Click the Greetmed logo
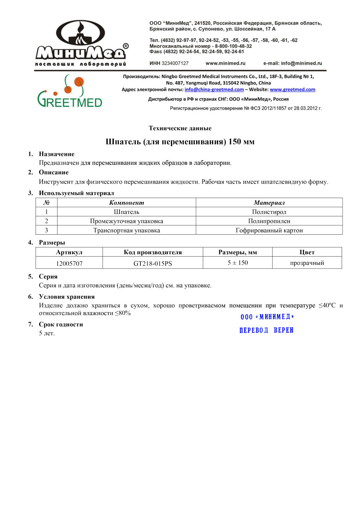click(x=69, y=92)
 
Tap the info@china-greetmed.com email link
click(x=214, y=90)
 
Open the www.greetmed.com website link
click(x=292, y=90)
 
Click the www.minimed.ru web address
click(x=225, y=63)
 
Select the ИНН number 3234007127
click(x=175, y=63)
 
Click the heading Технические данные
click(x=180, y=128)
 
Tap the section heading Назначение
click(x=57, y=154)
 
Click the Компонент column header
click(x=126, y=203)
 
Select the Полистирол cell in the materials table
click(x=269, y=212)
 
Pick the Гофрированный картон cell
click(x=269, y=230)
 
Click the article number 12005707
click(x=69, y=263)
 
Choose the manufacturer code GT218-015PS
click(x=153, y=263)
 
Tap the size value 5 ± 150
click(x=238, y=263)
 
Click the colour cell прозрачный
click(x=307, y=263)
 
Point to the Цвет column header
click(x=307, y=252)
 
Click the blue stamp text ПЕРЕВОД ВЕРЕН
click(x=266, y=330)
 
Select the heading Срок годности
click(x=61, y=324)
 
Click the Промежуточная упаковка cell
click(x=126, y=221)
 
